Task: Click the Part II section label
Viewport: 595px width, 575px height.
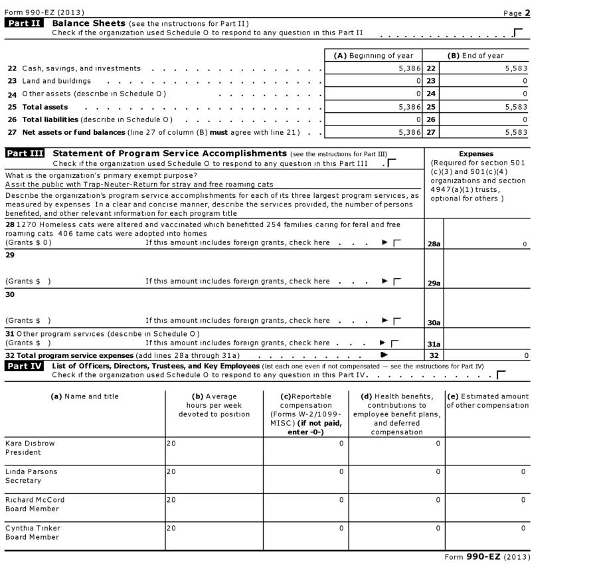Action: click(x=25, y=24)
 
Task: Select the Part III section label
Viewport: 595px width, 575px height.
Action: click(x=25, y=154)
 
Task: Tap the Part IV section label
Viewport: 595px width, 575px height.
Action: click(x=25, y=367)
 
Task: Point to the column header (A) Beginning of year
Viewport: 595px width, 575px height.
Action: click(x=373, y=56)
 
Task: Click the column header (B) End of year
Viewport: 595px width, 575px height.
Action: click(x=475, y=56)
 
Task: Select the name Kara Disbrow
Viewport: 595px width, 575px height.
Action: click(x=30, y=443)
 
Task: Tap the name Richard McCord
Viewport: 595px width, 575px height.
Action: click(x=35, y=499)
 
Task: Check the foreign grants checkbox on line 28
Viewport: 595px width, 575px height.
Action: click(x=397, y=244)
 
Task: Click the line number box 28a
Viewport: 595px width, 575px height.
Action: click(x=434, y=244)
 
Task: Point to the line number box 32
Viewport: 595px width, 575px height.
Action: click(x=434, y=356)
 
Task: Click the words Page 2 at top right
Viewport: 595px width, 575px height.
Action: click(x=517, y=13)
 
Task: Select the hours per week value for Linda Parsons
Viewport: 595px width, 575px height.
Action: click(x=171, y=471)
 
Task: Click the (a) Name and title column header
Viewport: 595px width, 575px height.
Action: click(x=84, y=396)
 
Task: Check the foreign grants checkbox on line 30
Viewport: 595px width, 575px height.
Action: click(x=397, y=321)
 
